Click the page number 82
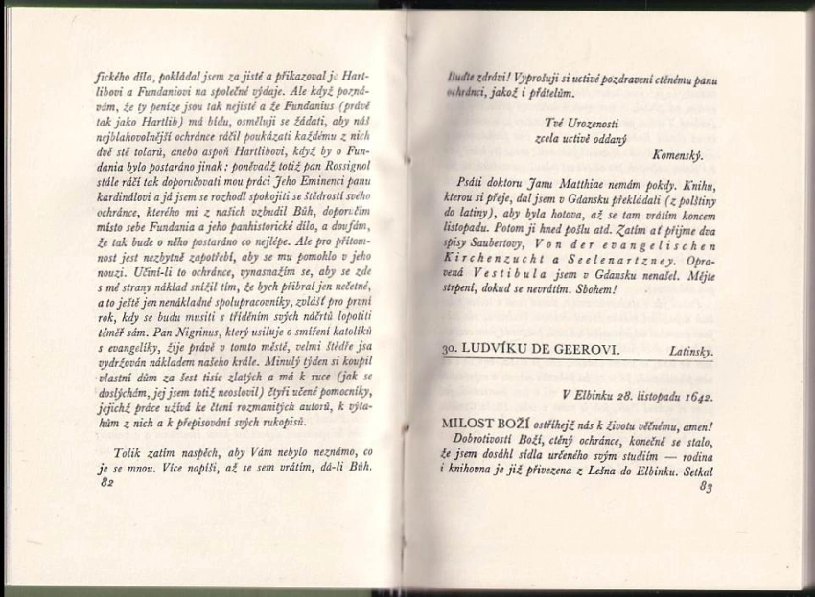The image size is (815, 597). [93, 484]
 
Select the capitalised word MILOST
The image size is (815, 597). [470, 421]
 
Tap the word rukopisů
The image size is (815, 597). [284, 422]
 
